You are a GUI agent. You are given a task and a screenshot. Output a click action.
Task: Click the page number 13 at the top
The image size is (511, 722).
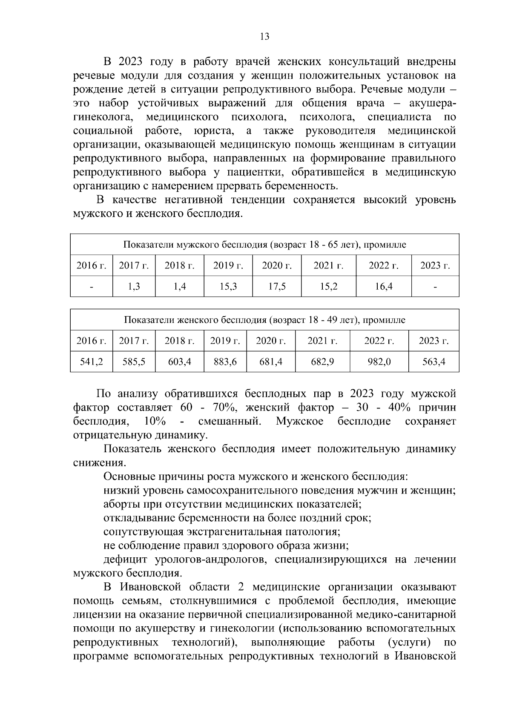click(264, 37)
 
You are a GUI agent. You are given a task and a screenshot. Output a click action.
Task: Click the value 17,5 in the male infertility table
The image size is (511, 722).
click(277, 287)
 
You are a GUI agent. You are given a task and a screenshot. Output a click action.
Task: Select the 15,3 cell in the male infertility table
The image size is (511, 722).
click(228, 287)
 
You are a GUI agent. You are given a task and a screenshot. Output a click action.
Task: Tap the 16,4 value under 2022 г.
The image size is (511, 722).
click(383, 287)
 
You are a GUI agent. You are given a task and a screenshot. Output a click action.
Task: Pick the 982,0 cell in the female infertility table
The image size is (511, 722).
click(379, 362)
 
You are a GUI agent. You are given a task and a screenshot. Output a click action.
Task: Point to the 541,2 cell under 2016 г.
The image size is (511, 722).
click(92, 362)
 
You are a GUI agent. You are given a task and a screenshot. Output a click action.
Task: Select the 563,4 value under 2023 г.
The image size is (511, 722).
click(433, 362)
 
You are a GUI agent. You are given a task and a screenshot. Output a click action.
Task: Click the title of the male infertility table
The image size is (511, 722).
click(264, 245)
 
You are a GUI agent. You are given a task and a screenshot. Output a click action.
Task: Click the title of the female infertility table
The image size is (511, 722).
click(264, 320)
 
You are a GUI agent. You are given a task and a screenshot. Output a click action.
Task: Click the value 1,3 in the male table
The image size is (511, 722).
click(134, 287)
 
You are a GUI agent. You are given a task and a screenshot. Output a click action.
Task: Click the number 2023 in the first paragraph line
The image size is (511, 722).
click(130, 62)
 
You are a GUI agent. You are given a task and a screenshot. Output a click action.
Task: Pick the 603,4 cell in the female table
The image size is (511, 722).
click(179, 362)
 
